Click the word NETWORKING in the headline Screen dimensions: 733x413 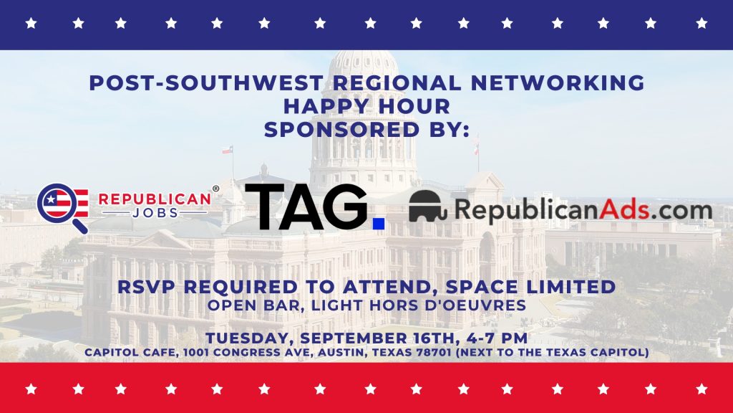pyautogui.click(x=558, y=83)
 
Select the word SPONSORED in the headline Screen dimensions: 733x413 pyautogui.click(x=341, y=130)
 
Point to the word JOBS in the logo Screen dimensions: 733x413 pyautogui.click(x=155, y=213)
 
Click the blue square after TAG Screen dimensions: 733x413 pyautogui.click(x=379, y=224)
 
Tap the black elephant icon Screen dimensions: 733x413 pyautogui.click(x=428, y=206)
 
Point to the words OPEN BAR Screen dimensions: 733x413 pyautogui.click(x=253, y=305)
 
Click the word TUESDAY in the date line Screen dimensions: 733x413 pyautogui.click(x=248, y=338)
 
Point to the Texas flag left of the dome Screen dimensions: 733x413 pyautogui.click(x=227, y=150)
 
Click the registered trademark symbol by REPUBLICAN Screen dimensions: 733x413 pyautogui.click(x=215, y=189)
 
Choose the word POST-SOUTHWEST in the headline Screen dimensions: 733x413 pyautogui.click(x=206, y=83)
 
